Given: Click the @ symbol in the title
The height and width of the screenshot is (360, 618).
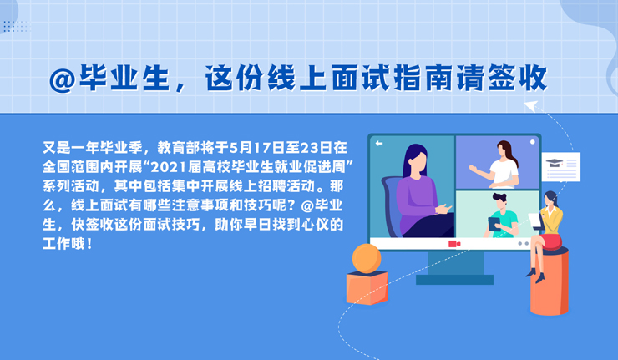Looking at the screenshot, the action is [63, 80].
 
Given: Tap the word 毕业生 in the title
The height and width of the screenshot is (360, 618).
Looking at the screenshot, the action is [124, 78].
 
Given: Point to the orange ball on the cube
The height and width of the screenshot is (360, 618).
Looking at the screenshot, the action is [367, 258].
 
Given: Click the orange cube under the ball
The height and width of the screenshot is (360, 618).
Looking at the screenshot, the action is [367, 288].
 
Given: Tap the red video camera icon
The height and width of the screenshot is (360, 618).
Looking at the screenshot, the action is [454, 244].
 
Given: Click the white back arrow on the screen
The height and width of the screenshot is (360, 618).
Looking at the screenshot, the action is [379, 143].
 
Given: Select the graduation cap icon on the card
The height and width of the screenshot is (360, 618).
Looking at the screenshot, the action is [555, 162].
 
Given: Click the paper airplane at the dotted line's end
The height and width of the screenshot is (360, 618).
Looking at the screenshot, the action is [531, 106].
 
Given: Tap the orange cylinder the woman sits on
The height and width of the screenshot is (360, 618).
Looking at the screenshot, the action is [550, 282].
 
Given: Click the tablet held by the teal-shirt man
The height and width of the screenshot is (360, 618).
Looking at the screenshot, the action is [494, 224].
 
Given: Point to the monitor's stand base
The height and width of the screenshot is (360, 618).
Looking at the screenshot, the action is [454, 280].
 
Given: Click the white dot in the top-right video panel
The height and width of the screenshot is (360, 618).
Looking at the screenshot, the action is [532, 142].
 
